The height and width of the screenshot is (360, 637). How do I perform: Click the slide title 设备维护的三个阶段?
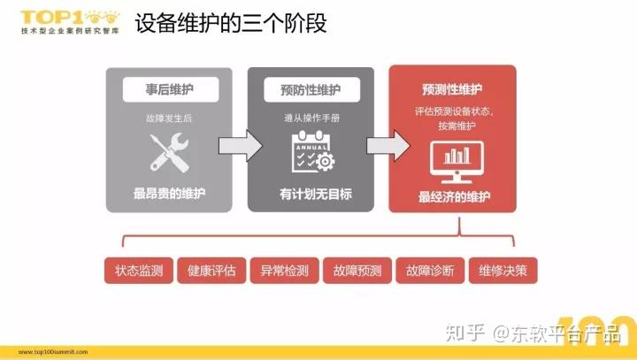click(x=231, y=23)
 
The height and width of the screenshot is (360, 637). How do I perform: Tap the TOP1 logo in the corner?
click(x=70, y=22)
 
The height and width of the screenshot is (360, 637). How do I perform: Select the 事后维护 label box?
click(x=171, y=89)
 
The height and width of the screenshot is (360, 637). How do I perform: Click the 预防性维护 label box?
click(x=311, y=89)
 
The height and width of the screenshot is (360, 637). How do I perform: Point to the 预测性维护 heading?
click(x=452, y=89)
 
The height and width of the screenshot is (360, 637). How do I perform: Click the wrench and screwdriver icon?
click(x=169, y=153)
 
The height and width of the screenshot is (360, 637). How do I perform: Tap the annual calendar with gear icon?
click(x=313, y=151)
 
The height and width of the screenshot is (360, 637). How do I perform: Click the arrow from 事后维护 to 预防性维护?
click(x=241, y=146)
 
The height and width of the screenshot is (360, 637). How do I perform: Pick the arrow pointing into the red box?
click(x=388, y=146)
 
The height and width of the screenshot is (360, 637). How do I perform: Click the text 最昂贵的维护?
click(x=169, y=194)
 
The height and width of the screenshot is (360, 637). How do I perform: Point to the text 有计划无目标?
click(x=316, y=194)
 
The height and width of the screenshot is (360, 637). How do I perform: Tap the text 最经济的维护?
click(x=454, y=197)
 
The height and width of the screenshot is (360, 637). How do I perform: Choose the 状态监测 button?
click(x=139, y=270)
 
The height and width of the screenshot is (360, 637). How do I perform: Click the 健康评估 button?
click(x=211, y=270)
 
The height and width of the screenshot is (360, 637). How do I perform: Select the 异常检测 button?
click(x=284, y=270)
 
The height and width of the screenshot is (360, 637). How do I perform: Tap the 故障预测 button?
click(x=357, y=270)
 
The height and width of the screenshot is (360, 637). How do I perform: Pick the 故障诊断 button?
click(x=430, y=270)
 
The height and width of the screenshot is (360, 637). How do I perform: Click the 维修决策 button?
click(x=503, y=270)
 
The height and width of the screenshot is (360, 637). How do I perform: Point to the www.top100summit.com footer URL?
click(x=53, y=352)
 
